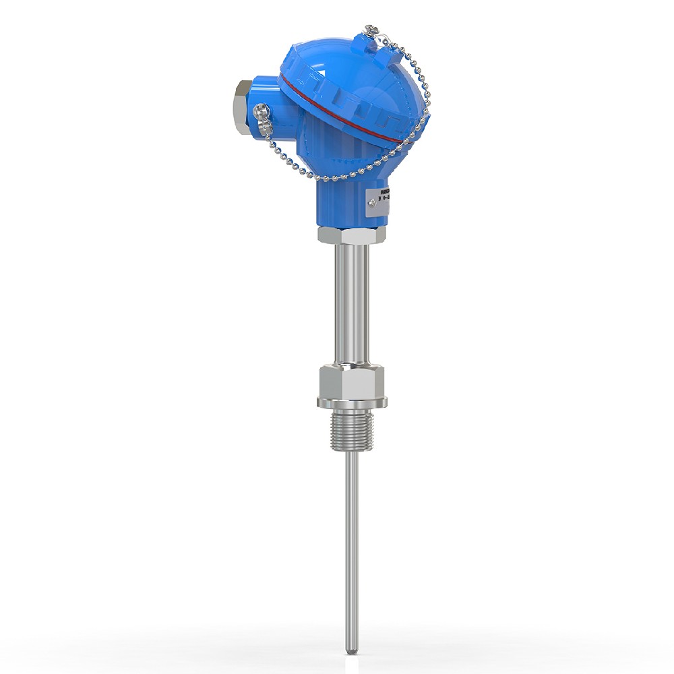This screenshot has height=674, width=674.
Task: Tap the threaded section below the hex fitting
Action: (x=352, y=431)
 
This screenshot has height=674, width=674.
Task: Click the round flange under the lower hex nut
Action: (x=352, y=402)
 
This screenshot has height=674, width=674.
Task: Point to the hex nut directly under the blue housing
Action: (x=352, y=235)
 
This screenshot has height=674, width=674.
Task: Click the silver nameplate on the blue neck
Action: (x=379, y=202)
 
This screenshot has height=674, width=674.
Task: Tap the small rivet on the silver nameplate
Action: (x=369, y=200)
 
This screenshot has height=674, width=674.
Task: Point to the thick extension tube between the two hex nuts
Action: (x=352, y=303)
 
